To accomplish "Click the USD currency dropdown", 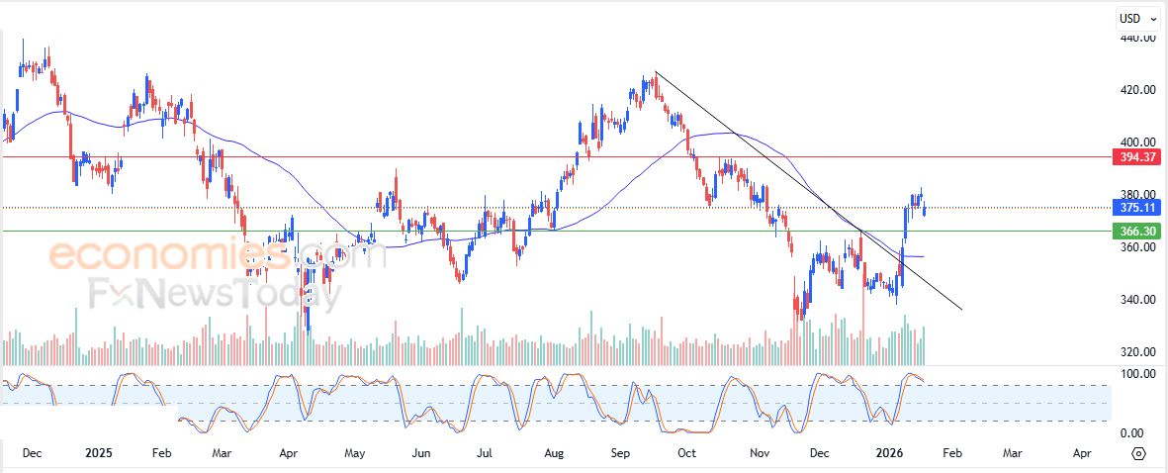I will [x=1136, y=18].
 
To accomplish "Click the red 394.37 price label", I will [x=1135, y=157].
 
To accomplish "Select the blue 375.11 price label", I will [x=1135, y=208].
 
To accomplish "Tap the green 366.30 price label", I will [x=1135, y=231].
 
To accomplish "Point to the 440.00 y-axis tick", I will [x=1137, y=38].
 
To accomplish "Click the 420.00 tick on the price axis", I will [x=1137, y=90].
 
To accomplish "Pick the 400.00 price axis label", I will [x=1137, y=142].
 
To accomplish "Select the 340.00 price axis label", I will [x=1137, y=300].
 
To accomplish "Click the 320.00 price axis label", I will [x=1137, y=352].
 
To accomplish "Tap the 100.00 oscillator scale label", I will [x=1137, y=374].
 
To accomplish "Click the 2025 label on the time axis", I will [x=99, y=453].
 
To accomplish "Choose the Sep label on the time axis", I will [x=621, y=453].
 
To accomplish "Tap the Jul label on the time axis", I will [x=485, y=453].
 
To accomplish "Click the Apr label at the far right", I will [x=1082, y=453].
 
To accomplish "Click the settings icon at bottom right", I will [x=1138, y=453].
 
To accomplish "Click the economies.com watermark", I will [x=218, y=256].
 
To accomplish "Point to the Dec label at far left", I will [x=31, y=453].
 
